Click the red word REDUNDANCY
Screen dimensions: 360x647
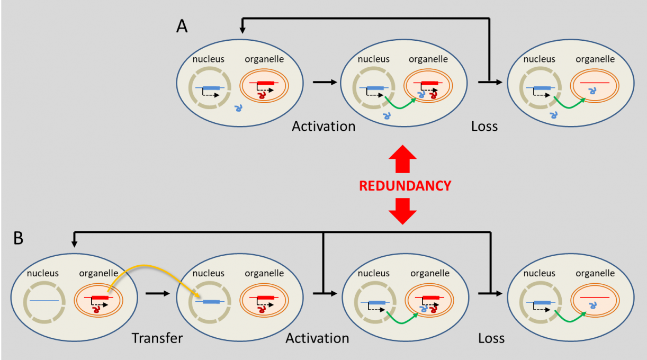pos(405,186)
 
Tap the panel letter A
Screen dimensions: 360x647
pos(182,27)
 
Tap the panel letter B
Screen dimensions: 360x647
pos(18,239)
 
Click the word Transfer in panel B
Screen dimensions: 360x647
pos(157,338)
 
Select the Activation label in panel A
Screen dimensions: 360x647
pos(323,127)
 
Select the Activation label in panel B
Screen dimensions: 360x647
pos(317,338)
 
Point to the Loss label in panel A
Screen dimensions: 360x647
pos(484,127)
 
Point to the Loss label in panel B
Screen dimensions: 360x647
pos(491,338)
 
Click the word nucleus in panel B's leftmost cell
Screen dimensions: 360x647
pos(43,273)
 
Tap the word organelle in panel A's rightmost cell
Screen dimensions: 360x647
pos(595,59)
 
